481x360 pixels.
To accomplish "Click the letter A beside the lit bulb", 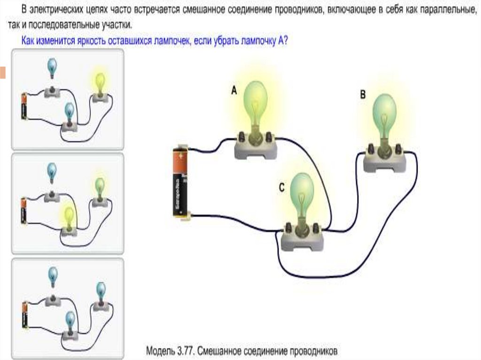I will pos(234,92).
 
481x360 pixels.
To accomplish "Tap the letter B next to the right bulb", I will pos(363,94).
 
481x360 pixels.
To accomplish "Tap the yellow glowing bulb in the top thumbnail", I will pos(99,82).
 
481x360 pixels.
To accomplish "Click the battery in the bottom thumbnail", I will pos(24,314).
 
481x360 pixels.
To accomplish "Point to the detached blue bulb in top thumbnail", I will pos(52,67).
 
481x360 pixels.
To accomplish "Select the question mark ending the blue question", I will pos(285,41).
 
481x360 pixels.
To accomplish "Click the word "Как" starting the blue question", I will pos(29,41).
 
